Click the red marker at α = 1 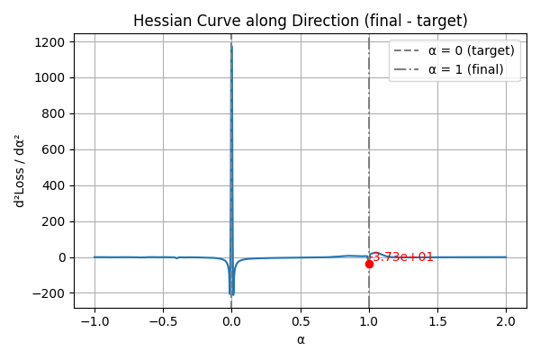pyautogui.click(x=369, y=264)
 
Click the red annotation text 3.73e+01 pyautogui.click(x=403, y=257)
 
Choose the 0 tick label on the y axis pyautogui.click(x=61, y=257)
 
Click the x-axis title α pyautogui.click(x=301, y=339)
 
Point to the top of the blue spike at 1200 pyautogui.click(x=231, y=42)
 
